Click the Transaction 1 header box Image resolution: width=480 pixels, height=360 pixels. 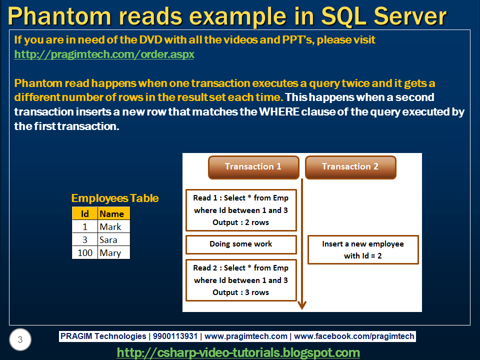tap(253, 167)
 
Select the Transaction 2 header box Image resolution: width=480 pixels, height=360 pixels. tap(350, 167)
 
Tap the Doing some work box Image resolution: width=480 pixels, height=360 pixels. tap(241, 244)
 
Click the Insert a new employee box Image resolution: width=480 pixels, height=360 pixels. tap(363, 249)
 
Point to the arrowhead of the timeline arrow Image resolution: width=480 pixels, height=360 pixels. tap(302, 305)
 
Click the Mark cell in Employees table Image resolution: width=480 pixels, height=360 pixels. tap(114, 226)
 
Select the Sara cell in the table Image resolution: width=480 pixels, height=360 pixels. tap(114, 239)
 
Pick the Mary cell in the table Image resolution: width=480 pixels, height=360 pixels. tap(114, 252)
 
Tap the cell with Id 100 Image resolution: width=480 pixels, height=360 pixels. tap(85, 252)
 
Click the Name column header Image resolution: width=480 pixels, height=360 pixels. tap(114, 213)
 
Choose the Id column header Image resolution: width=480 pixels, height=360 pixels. tap(85, 213)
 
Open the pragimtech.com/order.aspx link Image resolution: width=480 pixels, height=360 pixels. tap(104, 54)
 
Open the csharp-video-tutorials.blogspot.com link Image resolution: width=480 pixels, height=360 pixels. tap(238, 352)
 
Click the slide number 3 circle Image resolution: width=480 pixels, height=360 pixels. tap(20, 339)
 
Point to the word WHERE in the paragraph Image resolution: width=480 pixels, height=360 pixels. tap(279, 111)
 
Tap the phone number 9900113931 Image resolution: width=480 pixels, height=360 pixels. tap(175, 336)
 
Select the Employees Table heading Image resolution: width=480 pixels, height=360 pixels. tap(115, 198)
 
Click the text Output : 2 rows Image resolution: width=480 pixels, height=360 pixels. tap(240, 222)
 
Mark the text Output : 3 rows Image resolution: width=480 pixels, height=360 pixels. tap(240, 292)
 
